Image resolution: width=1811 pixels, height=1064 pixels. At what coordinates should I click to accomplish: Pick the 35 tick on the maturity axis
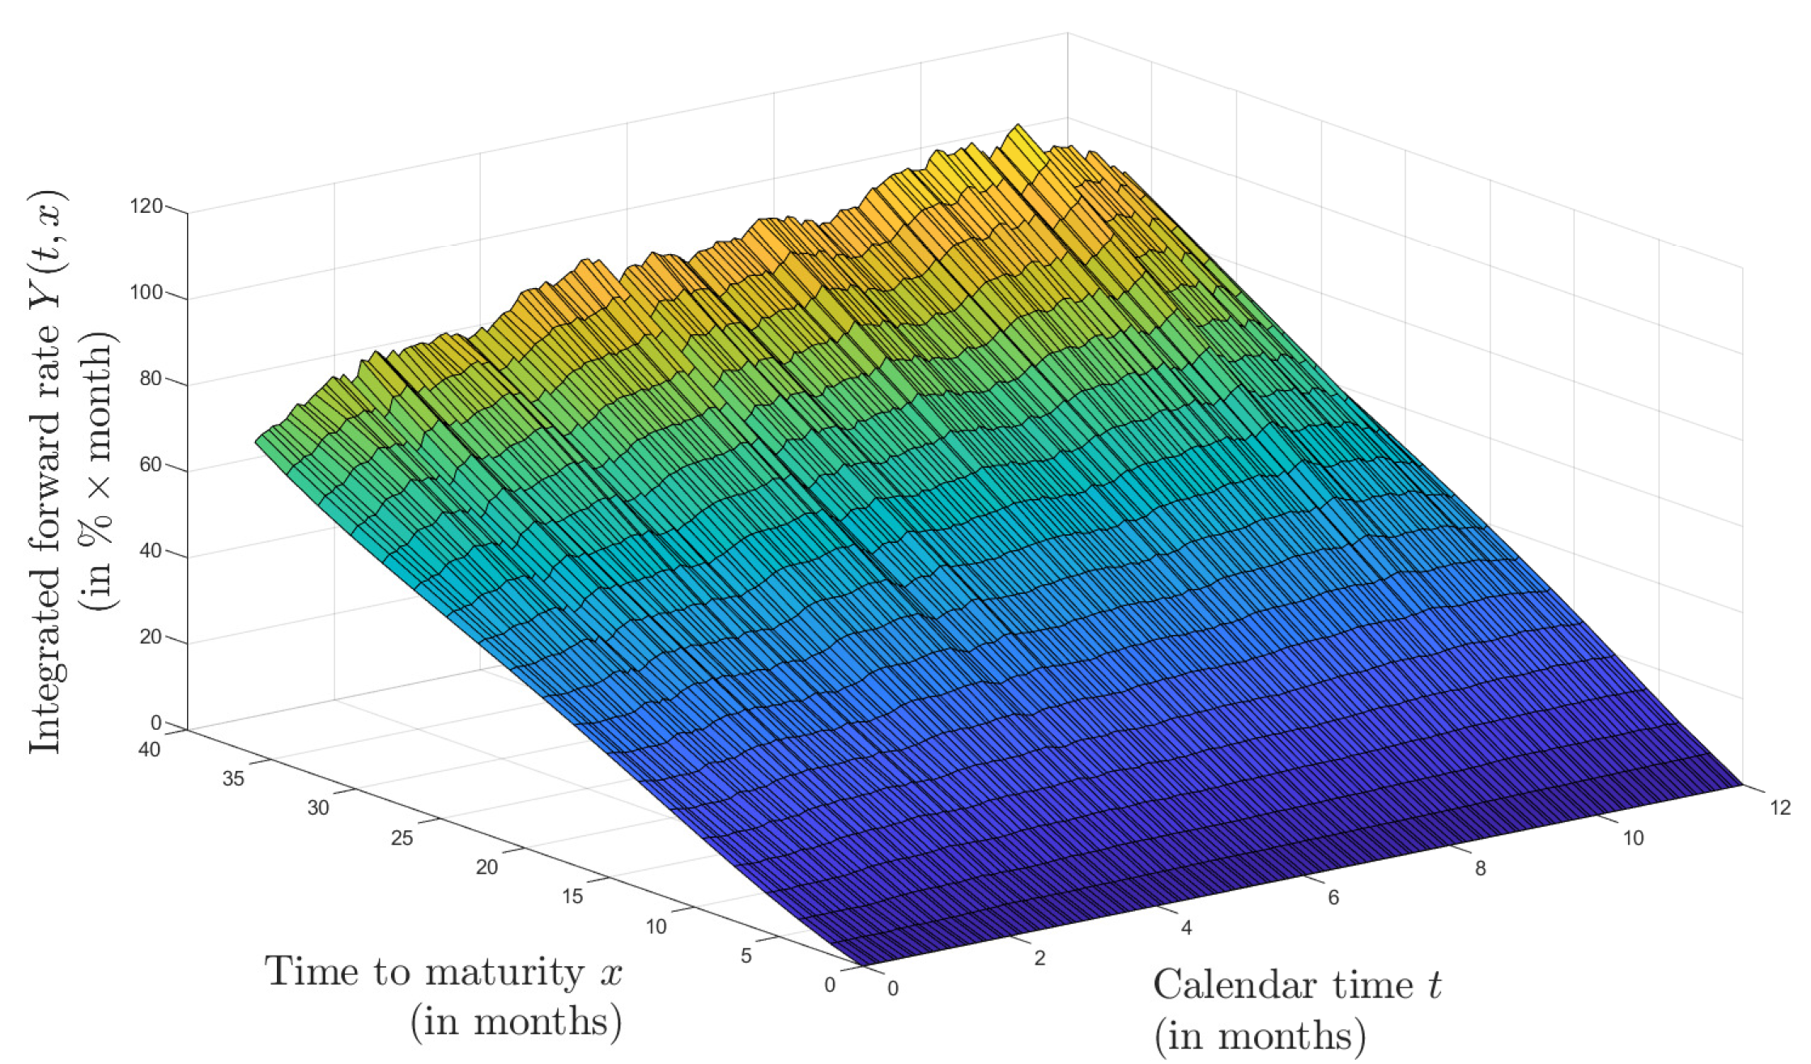(233, 779)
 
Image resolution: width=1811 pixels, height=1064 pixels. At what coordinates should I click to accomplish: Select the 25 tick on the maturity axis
(402, 838)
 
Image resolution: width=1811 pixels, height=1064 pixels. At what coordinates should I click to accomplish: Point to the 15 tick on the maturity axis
(572, 897)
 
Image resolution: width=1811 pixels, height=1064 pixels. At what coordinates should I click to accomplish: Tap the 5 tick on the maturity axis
(746, 956)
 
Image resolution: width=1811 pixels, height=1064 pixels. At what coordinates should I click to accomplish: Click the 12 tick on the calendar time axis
(1780, 808)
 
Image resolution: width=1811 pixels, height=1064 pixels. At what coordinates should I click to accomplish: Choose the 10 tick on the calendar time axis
(1634, 838)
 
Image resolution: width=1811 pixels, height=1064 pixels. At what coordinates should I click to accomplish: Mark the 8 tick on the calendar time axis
(1481, 869)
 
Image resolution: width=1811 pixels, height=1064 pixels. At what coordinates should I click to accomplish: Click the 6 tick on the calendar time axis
(1333, 897)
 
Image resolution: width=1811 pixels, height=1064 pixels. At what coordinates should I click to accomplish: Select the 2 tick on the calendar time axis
(1039, 958)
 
